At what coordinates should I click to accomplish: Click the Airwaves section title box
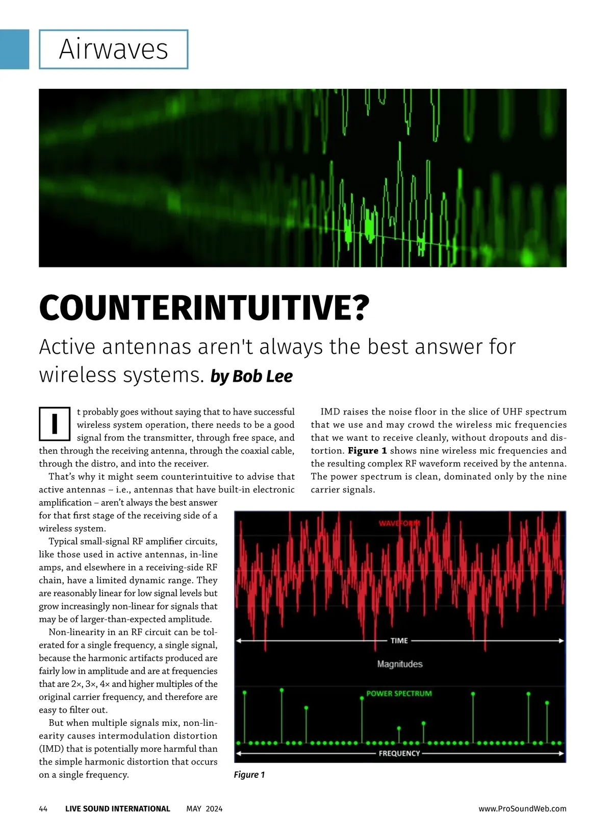pyautogui.click(x=113, y=50)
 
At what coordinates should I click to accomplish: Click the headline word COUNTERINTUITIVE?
pyautogui.click(x=203, y=308)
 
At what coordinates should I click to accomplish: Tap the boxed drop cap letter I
pyautogui.click(x=55, y=424)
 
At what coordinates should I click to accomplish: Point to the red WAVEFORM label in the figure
pyautogui.click(x=399, y=523)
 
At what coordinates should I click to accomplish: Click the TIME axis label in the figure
pyautogui.click(x=399, y=641)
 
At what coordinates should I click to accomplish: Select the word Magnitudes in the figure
pyautogui.click(x=400, y=664)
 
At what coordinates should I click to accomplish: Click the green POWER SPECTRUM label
pyautogui.click(x=399, y=694)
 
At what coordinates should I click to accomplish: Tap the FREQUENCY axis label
pyautogui.click(x=399, y=753)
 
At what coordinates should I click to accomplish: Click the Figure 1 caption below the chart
pyautogui.click(x=249, y=775)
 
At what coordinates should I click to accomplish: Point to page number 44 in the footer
pyautogui.click(x=43, y=808)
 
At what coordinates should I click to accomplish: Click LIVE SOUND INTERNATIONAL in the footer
pyautogui.click(x=117, y=808)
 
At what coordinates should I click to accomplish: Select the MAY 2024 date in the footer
pyautogui.click(x=205, y=808)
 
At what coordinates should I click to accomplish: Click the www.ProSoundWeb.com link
pyautogui.click(x=522, y=808)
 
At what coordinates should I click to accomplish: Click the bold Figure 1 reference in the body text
pyautogui.click(x=367, y=451)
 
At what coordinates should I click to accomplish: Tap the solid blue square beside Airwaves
pyautogui.click(x=14, y=50)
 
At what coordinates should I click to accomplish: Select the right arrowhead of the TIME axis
pyautogui.click(x=562, y=641)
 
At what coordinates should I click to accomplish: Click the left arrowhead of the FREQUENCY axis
pyautogui.click(x=239, y=753)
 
